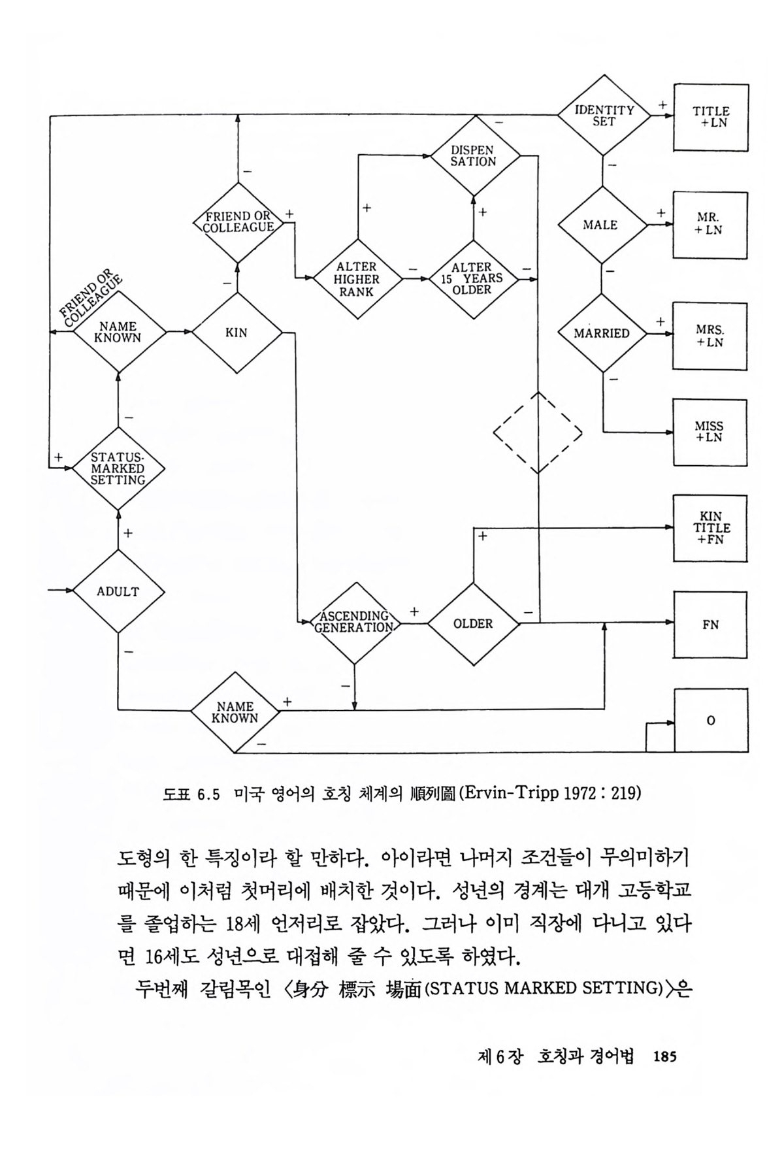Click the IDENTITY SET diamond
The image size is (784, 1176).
[x=604, y=116]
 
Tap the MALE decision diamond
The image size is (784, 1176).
[x=601, y=225]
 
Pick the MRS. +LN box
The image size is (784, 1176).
[x=710, y=336]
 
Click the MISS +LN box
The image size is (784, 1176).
[x=710, y=432]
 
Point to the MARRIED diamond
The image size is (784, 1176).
[x=601, y=333]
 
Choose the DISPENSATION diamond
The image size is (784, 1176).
[x=474, y=155]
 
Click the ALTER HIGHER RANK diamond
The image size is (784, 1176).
[x=357, y=278]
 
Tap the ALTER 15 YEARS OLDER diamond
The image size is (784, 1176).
[x=472, y=278]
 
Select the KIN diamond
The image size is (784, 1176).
[x=237, y=333]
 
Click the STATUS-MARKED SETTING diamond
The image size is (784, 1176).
[x=118, y=468]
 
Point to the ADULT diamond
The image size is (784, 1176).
[x=118, y=591]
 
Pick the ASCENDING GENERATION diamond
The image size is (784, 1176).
[x=353, y=622]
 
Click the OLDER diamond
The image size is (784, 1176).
[x=473, y=623]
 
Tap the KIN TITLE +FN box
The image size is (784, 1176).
[x=710, y=528]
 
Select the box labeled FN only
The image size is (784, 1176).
[x=710, y=625]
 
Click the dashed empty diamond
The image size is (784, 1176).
[x=537, y=433]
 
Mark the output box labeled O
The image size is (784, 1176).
[x=711, y=720]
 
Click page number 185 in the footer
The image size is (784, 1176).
[x=664, y=1056]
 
